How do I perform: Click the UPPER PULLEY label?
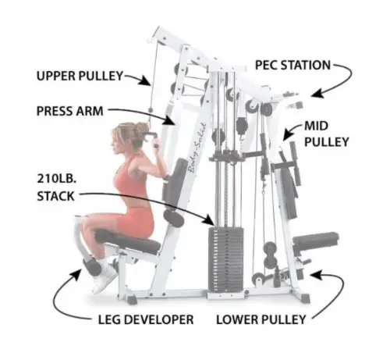tap(80, 76)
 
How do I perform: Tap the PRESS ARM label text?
tap(70, 111)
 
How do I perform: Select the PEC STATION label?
tap(292, 65)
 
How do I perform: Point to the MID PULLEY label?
tap(327, 134)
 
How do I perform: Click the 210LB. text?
tap(57, 179)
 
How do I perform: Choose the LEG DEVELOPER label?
tap(146, 319)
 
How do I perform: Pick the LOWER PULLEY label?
tap(261, 319)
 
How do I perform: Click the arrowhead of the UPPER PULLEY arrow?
tap(146, 80)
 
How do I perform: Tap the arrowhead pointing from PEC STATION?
tap(317, 93)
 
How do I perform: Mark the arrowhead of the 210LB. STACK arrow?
tap(209, 220)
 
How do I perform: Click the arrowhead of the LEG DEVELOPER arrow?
tap(76, 275)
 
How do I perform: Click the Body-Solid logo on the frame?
tap(197, 148)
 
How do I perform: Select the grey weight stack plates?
tap(225, 259)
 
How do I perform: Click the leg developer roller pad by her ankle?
tap(92, 267)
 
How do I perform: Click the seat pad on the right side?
tap(316, 240)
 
